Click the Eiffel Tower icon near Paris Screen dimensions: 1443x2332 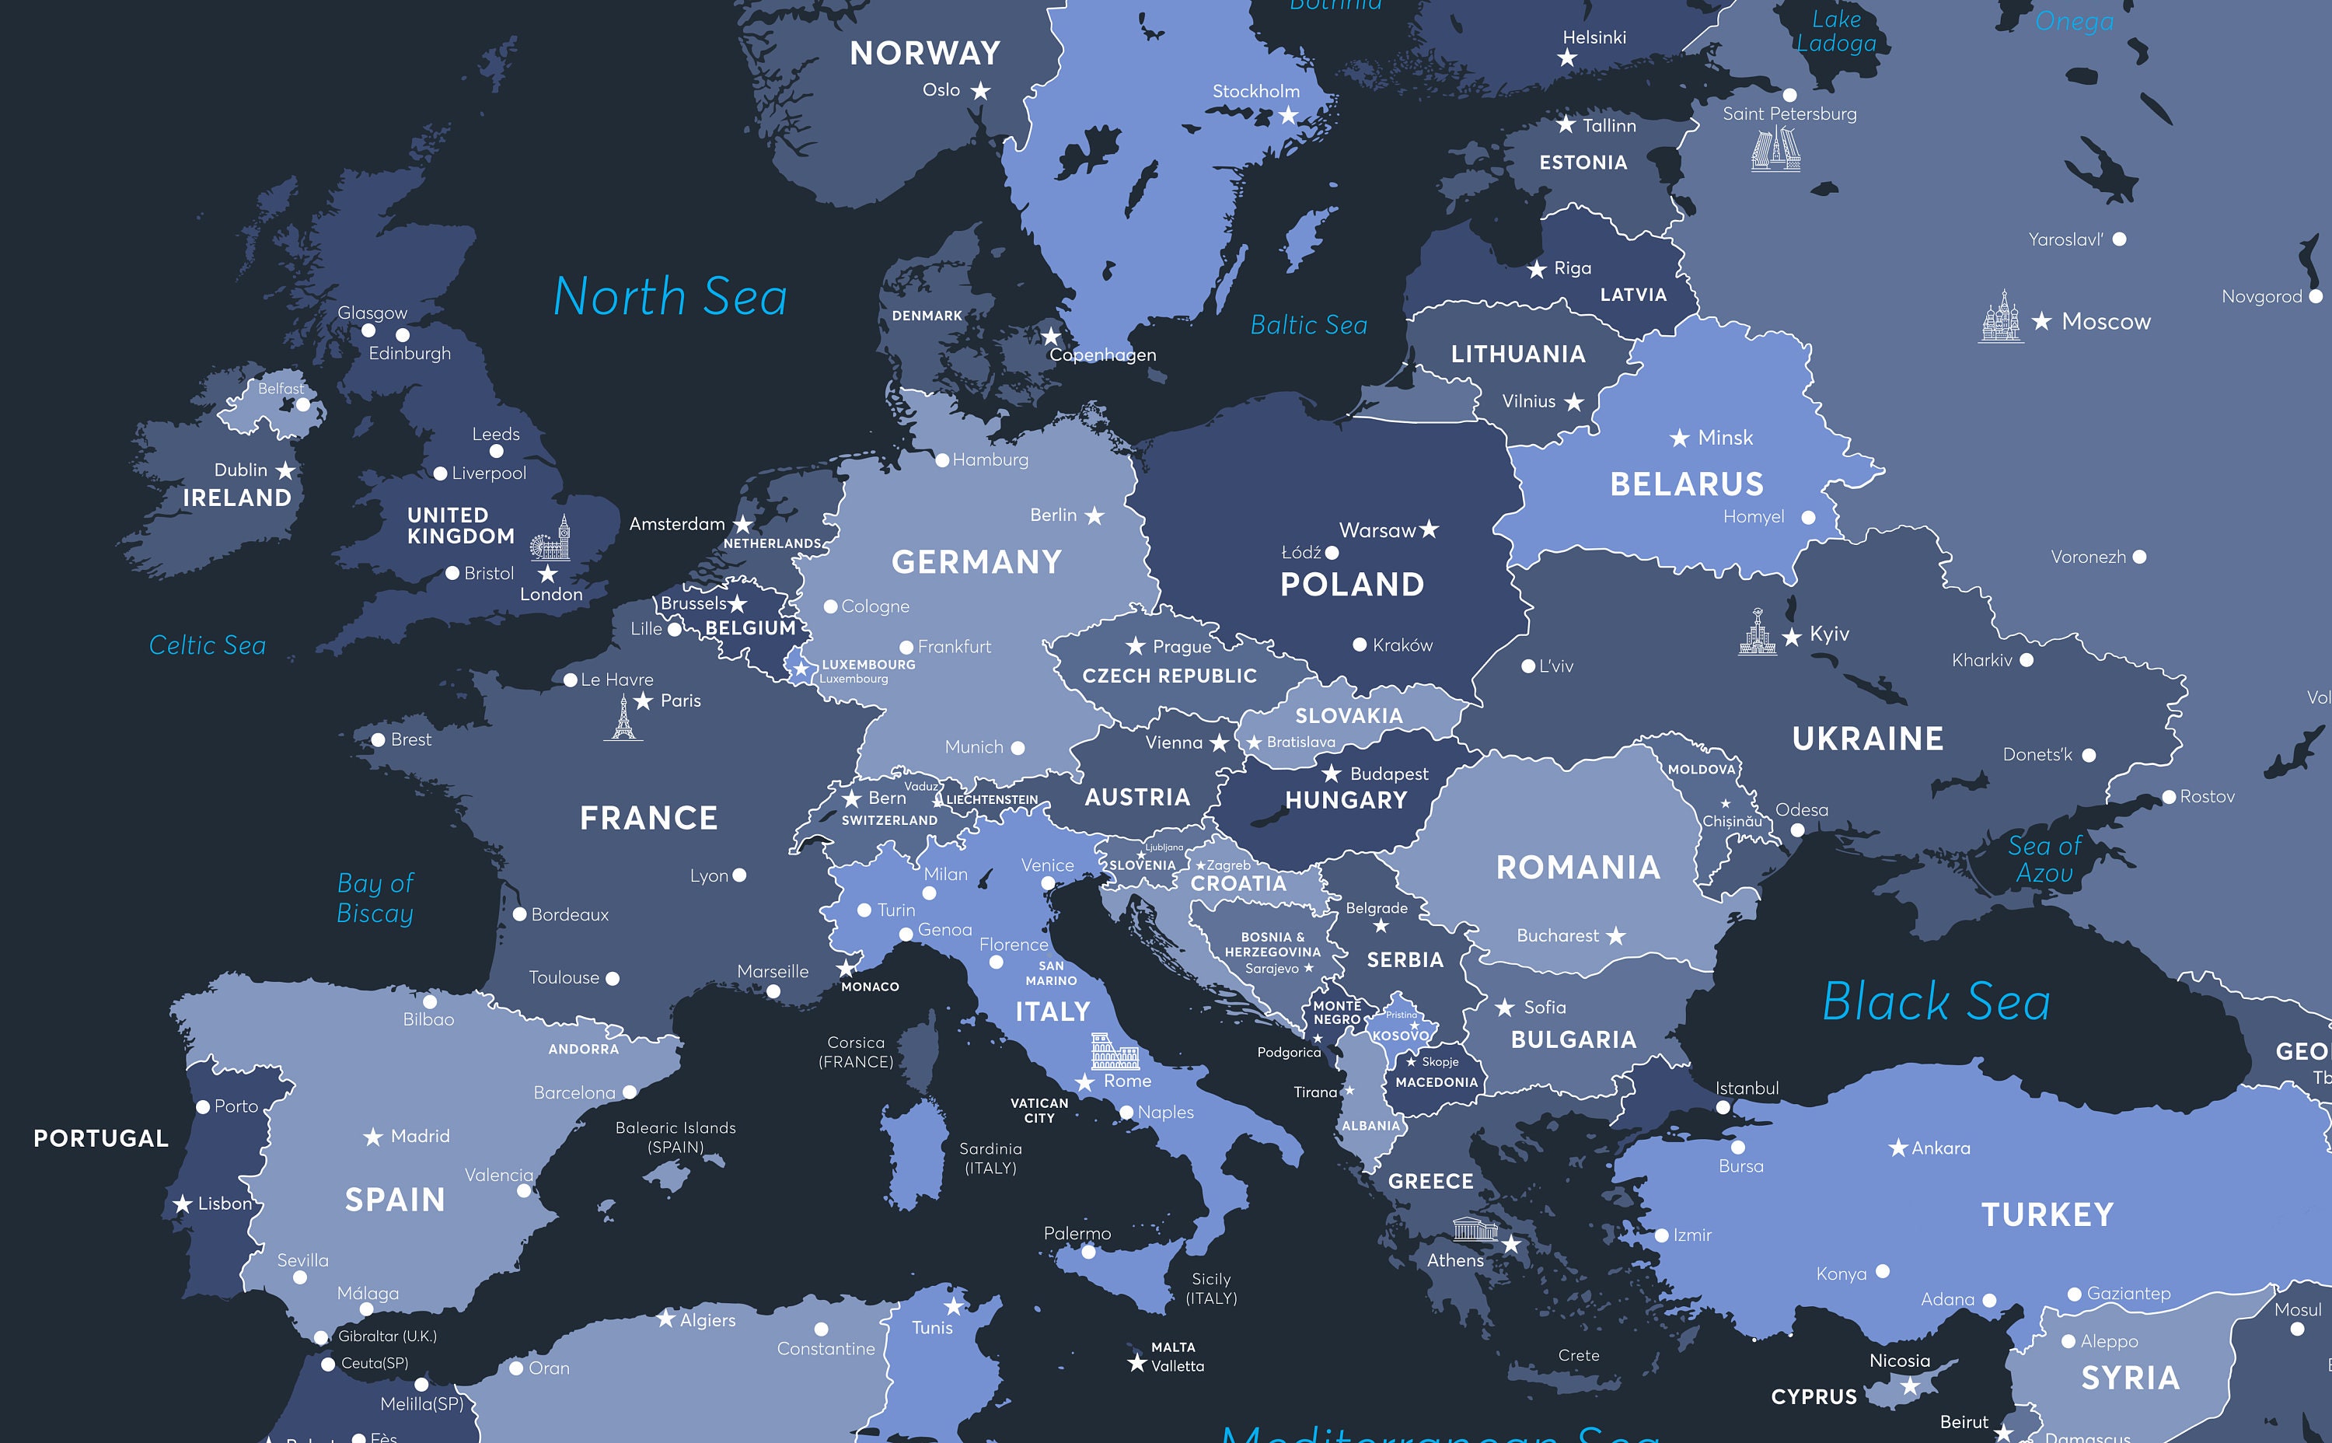coord(623,718)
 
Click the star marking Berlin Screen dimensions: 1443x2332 coord(1094,516)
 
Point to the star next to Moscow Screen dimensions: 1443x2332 coord(2041,322)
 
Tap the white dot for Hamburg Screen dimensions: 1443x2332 coord(942,460)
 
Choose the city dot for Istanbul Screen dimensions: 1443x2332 coord(1723,1108)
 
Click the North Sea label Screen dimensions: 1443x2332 coord(670,296)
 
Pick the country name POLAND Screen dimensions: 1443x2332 coord(1351,584)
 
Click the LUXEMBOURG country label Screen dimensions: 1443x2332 coord(868,664)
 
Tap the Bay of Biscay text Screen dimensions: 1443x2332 coord(375,898)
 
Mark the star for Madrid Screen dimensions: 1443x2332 coord(373,1137)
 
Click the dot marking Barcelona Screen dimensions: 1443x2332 coord(630,1092)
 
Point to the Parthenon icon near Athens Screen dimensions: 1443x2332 coord(1475,1229)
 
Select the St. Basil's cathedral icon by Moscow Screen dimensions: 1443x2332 coord(2000,317)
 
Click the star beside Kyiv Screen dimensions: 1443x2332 coord(1792,637)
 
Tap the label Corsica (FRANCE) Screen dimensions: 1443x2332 coord(856,1052)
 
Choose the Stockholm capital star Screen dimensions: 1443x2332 coord(1288,116)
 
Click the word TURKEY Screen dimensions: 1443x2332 coord(2047,1215)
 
